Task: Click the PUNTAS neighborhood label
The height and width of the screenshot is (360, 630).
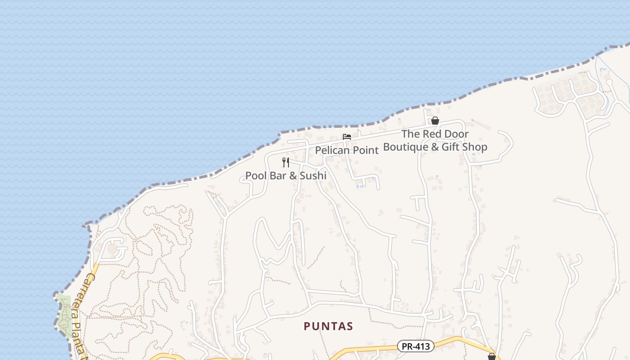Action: pyautogui.click(x=328, y=326)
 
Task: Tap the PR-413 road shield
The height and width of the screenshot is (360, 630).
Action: pyautogui.click(x=416, y=346)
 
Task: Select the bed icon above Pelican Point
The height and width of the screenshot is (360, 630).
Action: pyautogui.click(x=347, y=137)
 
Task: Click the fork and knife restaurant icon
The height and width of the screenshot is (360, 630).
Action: pyautogui.click(x=286, y=162)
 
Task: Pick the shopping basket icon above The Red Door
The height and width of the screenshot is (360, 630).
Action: pyautogui.click(x=435, y=121)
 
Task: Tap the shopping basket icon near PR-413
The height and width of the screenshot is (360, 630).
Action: pyautogui.click(x=492, y=356)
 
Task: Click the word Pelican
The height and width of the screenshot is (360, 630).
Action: pyautogui.click(x=332, y=150)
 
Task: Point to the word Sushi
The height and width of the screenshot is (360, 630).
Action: pyautogui.click(x=313, y=175)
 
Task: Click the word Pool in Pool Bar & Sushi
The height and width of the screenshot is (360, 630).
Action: pyautogui.click(x=256, y=175)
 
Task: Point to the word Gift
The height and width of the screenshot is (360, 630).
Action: pyautogui.click(x=451, y=147)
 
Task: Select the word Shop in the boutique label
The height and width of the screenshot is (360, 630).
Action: pyautogui.click(x=476, y=147)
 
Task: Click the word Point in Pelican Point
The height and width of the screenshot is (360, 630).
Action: pyautogui.click(x=365, y=150)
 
